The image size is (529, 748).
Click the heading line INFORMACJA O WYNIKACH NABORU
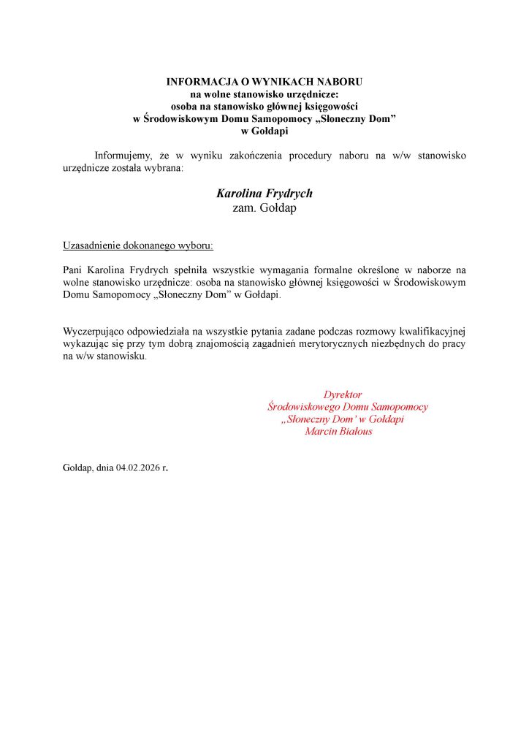pos(264,83)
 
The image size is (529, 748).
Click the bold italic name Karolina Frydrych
pos(264,194)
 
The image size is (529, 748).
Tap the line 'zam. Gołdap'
pos(264,207)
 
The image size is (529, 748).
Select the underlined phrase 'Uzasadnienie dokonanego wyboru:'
pos(138,245)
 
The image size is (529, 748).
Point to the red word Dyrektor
pos(343,394)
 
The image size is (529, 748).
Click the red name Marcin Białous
pos(338,431)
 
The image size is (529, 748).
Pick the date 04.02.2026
pos(137,466)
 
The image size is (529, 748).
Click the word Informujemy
pos(122,156)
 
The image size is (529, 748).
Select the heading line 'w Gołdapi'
pos(264,131)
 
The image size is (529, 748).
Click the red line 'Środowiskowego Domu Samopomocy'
pos(348,407)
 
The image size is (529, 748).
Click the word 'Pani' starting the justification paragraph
pos(75,270)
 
